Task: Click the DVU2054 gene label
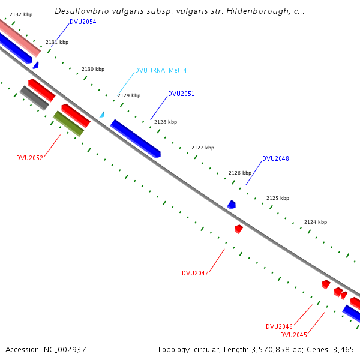pyautogui.click(x=83, y=22)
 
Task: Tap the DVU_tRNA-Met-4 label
pyautogui.click(x=161, y=70)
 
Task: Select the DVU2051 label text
pyautogui.click(x=181, y=94)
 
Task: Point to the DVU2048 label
pyautogui.click(x=275, y=159)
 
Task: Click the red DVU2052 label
pyautogui.click(x=29, y=158)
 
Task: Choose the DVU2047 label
pyautogui.click(x=195, y=273)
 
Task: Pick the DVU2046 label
pyautogui.click(x=279, y=326)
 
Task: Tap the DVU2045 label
pyautogui.click(x=293, y=335)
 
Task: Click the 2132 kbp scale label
pyautogui.click(x=21, y=14)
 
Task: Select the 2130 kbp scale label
pyautogui.click(x=93, y=69)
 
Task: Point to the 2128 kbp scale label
pyautogui.click(x=166, y=122)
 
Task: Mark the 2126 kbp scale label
pyautogui.click(x=240, y=173)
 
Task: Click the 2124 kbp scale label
pyautogui.click(x=316, y=222)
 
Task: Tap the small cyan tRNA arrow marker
pyautogui.click(x=102, y=114)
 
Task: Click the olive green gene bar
pyautogui.click(x=68, y=123)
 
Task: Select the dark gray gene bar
pyautogui.click(x=34, y=98)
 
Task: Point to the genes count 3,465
pyautogui.click(x=343, y=349)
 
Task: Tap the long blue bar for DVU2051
pyautogui.click(x=136, y=138)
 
